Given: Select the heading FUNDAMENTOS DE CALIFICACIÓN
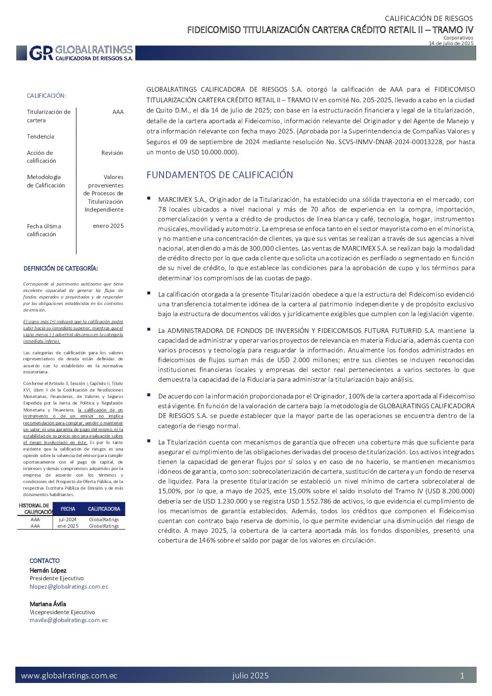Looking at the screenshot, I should [219, 175].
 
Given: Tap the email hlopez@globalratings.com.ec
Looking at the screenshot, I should [69, 586].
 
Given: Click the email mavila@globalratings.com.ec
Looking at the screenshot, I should [69, 620].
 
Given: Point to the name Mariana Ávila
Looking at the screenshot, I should [48, 604].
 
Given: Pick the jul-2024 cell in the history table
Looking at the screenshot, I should [68, 519].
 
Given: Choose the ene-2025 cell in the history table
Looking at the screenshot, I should [68, 526].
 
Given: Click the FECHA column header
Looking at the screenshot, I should [68, 509].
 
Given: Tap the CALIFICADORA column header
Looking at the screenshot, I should [104, 509].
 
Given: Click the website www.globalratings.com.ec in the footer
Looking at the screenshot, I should [69, 676].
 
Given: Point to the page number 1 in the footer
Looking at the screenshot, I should [462, 676].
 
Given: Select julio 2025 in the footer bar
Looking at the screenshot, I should [250, 676].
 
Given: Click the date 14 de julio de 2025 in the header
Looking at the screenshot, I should [451, 43].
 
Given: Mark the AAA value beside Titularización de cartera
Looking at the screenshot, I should [118, 112].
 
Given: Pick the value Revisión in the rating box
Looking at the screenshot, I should [112, 152].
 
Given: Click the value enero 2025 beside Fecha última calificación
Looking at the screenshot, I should [108, 226].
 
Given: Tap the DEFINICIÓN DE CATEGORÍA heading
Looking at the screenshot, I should [61, 268].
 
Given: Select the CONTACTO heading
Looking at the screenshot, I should [45, 561].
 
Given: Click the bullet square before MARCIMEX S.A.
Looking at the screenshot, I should [149, 198].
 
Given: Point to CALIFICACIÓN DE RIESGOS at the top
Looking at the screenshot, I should [428, 19].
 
